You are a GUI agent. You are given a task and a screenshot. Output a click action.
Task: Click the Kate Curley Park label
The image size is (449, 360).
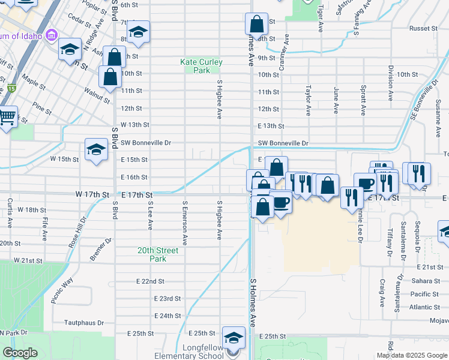[201, 66]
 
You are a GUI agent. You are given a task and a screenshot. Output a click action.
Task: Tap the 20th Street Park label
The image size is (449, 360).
[158, 254]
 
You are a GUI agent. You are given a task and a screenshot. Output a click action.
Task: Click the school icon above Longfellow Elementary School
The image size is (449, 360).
[234, 337]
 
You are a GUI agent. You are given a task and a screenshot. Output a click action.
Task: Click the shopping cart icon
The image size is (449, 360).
[7, 118]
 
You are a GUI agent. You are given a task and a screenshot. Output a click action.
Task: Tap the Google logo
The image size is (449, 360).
[20, 353]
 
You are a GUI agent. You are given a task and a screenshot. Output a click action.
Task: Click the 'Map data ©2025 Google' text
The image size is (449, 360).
[412, 355]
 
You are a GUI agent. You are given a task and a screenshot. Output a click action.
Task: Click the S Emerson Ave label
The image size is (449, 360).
[185, 223]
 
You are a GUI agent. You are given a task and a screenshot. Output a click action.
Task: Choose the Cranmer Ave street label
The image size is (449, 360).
[287, 49]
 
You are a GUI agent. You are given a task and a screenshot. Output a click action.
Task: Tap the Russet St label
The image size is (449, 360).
[423, 28]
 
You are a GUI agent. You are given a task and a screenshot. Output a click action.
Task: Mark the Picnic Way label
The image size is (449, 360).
[62, 290]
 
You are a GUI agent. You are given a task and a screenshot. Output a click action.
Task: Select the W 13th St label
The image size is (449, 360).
[134, 124]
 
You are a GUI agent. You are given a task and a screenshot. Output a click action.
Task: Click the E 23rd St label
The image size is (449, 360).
[167, 298]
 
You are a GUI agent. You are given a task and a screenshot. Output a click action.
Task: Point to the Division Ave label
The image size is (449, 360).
[391, 83]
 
